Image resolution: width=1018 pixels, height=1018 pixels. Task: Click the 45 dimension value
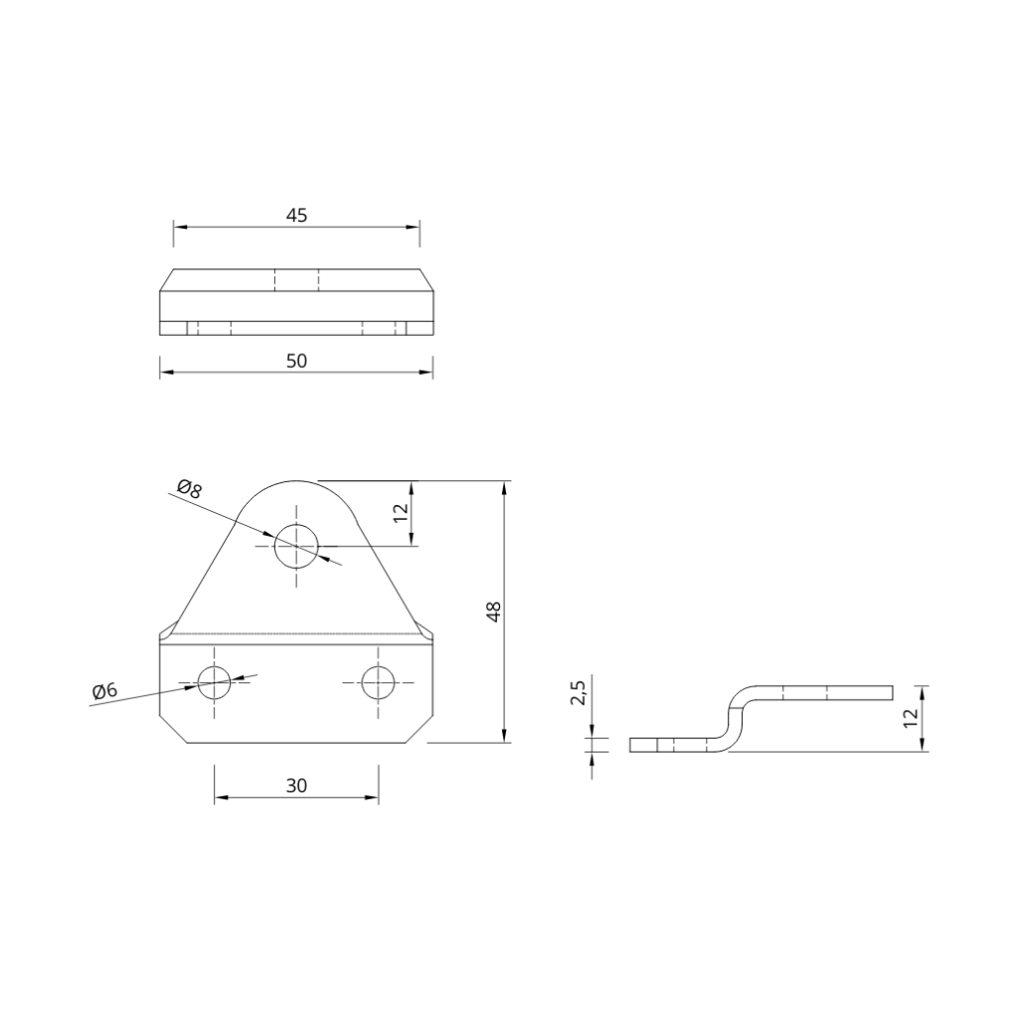click(x=296, y=215)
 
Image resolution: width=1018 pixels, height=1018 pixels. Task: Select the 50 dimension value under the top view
click(x=296, y=361)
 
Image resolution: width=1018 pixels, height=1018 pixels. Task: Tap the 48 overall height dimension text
click(x=494, y=611)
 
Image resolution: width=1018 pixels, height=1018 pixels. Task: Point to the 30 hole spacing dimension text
click(x=296, y=785)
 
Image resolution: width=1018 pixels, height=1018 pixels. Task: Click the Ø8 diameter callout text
click(x=189, y=487)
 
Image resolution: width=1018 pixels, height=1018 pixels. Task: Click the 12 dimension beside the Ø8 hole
click(x=400, y=513)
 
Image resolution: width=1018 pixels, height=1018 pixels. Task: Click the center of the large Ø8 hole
click(x=296, y=545)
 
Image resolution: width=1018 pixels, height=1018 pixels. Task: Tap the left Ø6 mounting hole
click(x=214, y=682)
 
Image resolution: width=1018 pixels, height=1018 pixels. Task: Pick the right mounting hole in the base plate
click(x=378, y=682)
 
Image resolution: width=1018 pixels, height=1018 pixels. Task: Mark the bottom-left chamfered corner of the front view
click(x=172, y=729)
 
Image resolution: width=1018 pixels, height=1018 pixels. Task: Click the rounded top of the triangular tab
click(x=296, y=483)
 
